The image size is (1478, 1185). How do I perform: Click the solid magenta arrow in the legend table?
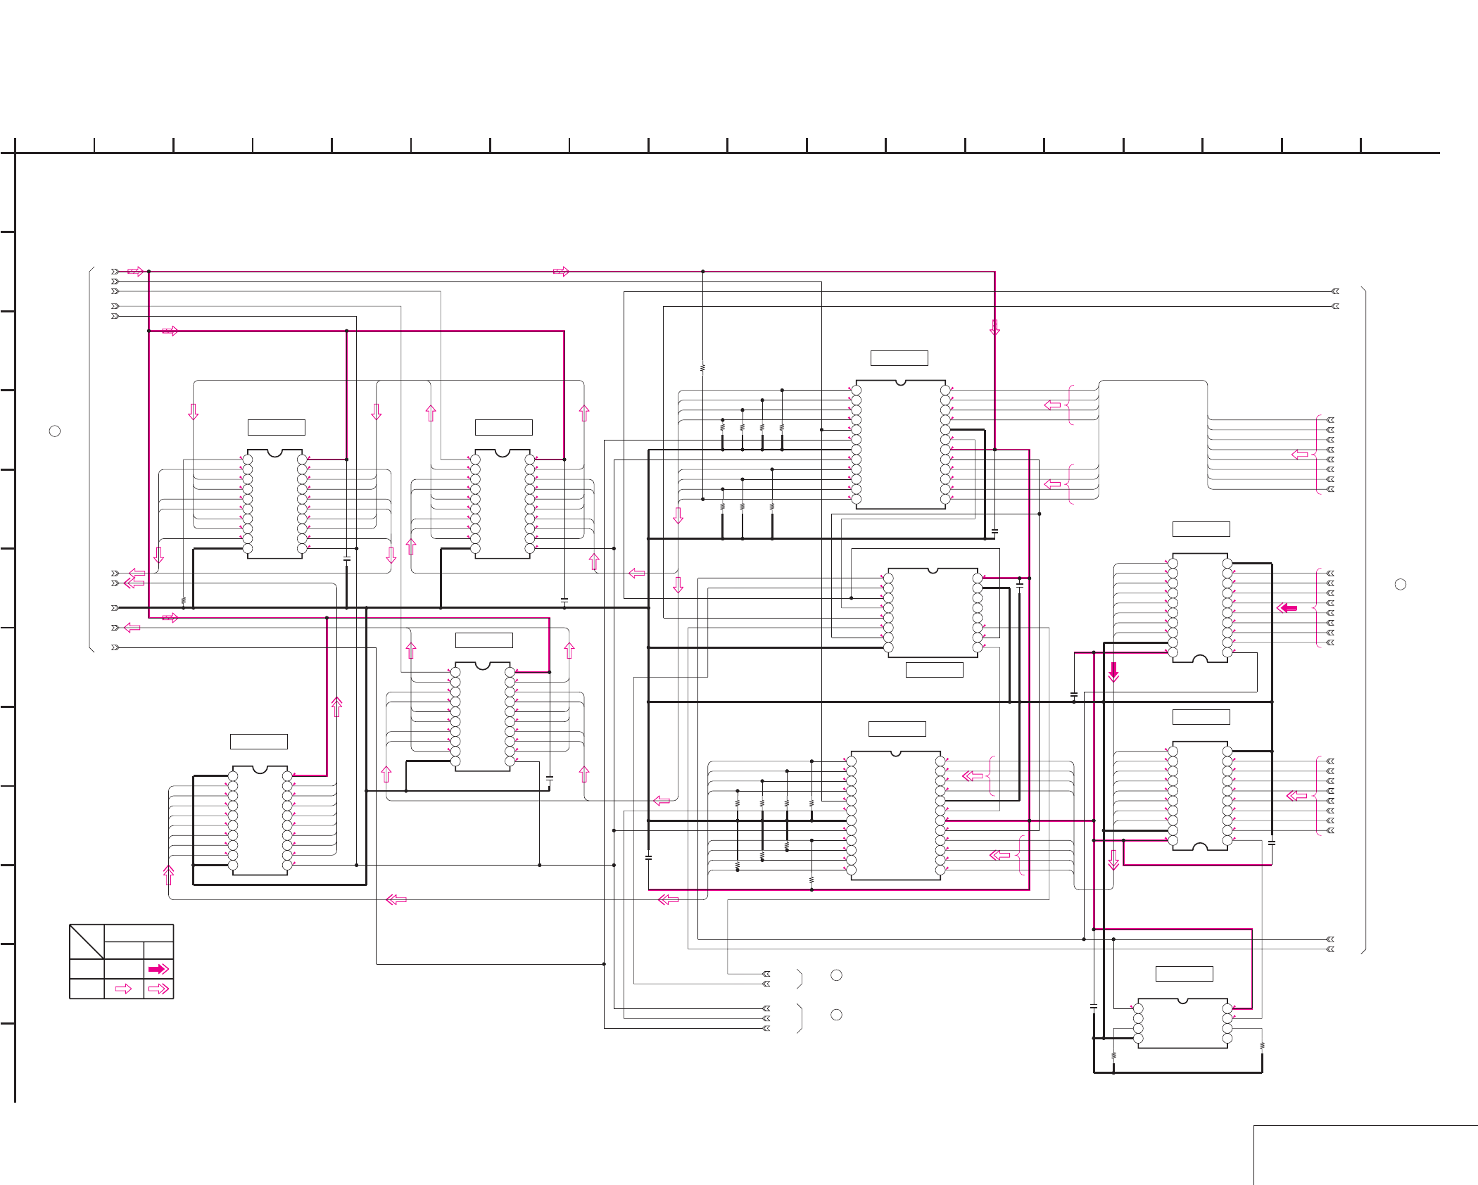click(x=158, y=969)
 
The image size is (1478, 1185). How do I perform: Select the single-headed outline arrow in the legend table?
click(x=123, y=989)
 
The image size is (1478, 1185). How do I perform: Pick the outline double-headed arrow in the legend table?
click(x=158, y=989)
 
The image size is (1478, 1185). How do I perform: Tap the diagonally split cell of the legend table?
click(x=87, y=942)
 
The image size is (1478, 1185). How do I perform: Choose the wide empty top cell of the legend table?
click(x=139, y=933)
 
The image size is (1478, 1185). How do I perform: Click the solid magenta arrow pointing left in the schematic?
click(x=1287, y=607)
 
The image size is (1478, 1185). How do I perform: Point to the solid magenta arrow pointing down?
click(x=1113, y=671)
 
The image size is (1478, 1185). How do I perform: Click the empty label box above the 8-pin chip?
click(x=1184, y=974)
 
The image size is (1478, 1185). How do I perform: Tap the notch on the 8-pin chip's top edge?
click(x=1182, y=1001)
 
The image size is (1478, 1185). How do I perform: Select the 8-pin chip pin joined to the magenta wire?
click(x=1227, y=1008)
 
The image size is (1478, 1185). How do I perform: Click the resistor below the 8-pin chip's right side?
click(x=1262, y=1046)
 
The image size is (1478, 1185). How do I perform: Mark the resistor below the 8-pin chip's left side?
click(x=1113, y=1056)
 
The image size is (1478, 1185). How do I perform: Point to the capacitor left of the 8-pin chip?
click(x=1093, y=1007)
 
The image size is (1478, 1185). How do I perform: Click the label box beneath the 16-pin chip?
click(x=934, y=670)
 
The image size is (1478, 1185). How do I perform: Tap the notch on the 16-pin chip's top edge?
click(x=933, y=571)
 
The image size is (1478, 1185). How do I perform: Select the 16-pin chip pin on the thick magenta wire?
click(x=978, y=578)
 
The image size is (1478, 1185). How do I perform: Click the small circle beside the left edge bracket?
click(x=55, y=431)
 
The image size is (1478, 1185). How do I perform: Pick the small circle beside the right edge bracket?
click(x=1400, y=584)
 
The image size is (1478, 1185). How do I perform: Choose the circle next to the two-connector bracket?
click(x=836, y=975)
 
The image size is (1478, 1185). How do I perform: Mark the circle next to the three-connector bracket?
click(x=836, y=1015)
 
